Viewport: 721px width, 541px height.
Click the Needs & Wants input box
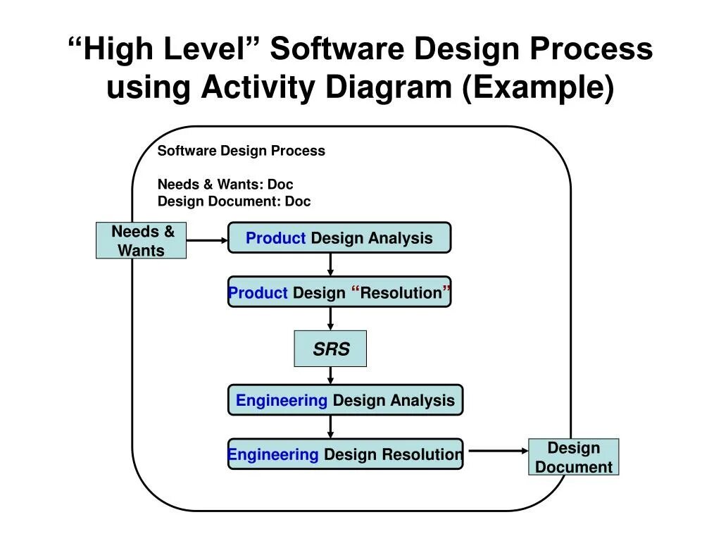[141, 241]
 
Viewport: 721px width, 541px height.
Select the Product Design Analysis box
[339, 238]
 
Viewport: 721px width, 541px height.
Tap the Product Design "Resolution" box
[339, 292]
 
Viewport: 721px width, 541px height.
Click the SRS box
[330, 349]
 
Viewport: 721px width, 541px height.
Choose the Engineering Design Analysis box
[345, 400]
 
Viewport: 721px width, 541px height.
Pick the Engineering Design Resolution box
[345, 454]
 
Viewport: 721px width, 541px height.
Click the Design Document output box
[573, 457]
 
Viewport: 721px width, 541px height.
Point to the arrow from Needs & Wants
[207, 240]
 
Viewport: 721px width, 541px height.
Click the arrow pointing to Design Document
[498, 451]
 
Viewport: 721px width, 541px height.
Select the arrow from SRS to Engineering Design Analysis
[330, 375]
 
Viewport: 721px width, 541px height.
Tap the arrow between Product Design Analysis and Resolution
[330, 264]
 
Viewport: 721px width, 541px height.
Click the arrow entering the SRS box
[330, 318]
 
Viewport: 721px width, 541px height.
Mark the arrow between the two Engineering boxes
[330, 427]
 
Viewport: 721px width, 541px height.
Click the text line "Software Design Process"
[241, 151]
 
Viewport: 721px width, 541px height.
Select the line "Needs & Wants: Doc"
[225, 185]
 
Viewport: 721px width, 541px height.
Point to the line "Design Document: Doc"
[234, 201]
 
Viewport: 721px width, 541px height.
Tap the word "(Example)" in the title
[538, 88]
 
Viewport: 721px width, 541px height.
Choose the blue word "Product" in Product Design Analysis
[276, 238]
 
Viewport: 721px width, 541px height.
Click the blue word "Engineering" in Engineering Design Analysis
[282, 400]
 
